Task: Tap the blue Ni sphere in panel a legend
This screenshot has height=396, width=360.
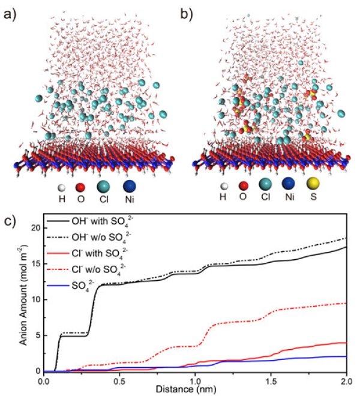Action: click(132, 182)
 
